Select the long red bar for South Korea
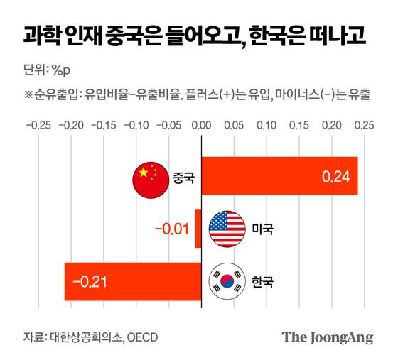pos(133,282)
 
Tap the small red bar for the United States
pos(198,229)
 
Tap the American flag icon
pos(227,229)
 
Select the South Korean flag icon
pos(227,282)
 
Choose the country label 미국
pos(262,229)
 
